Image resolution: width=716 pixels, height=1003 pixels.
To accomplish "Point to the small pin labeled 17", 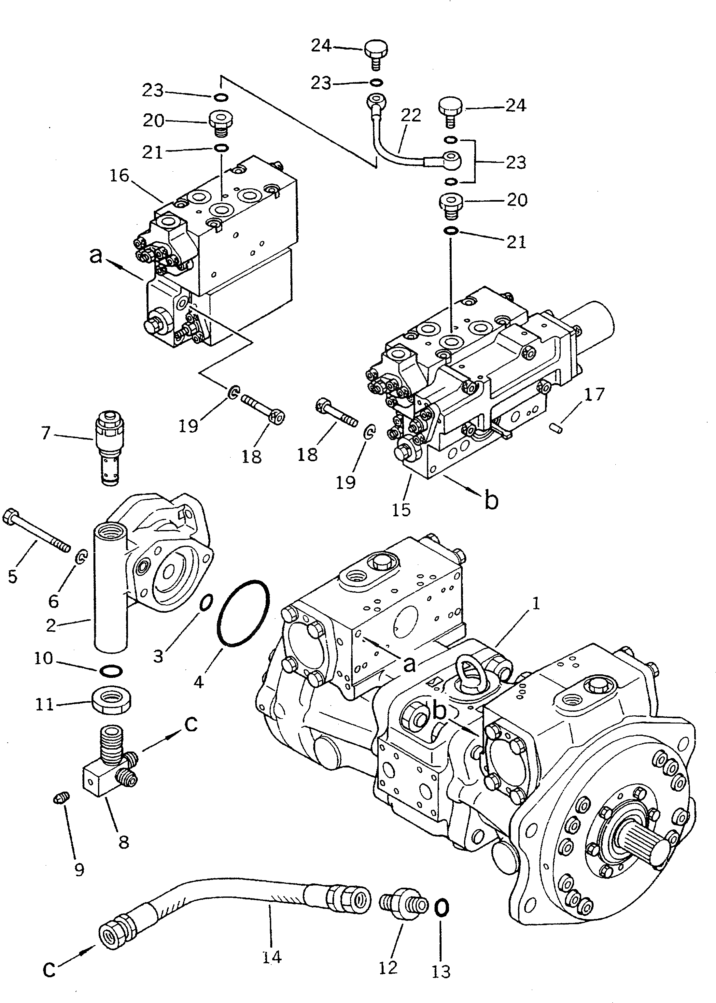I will click(558, 428).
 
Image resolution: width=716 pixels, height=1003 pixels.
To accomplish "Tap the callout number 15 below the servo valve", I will click(401, 509).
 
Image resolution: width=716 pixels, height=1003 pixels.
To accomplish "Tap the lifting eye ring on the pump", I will click(468, 669).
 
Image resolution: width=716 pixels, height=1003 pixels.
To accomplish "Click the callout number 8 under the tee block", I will click(124, 841).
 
